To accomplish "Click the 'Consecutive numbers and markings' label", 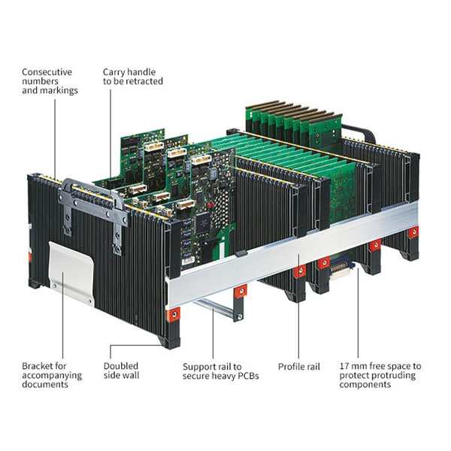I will [x=47, y=81].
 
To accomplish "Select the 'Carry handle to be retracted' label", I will [x=132, y=77].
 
